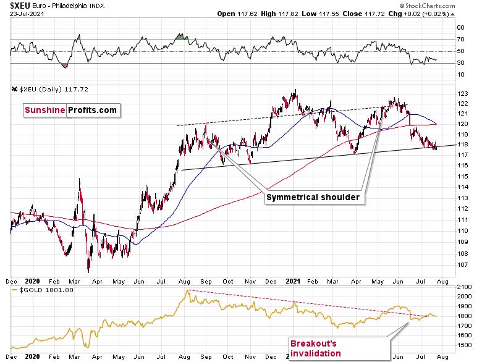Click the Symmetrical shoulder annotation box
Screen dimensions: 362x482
(x=313, y=198)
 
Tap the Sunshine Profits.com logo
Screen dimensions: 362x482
(x=70, y=110)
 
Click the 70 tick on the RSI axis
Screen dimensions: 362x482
(x=461, y=40)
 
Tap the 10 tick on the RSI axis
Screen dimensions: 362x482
(x=461, y=75)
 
